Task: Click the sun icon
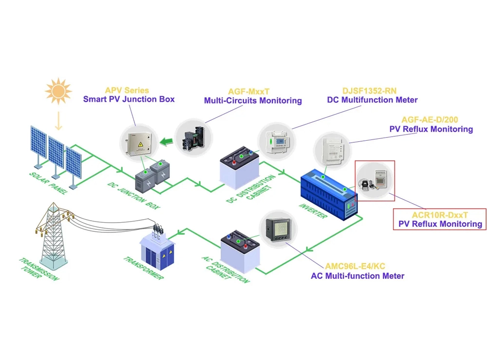click(58, 91)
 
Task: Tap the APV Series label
click(127, 91)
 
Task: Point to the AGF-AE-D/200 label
click(430, 120)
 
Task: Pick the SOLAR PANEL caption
click(49, 182)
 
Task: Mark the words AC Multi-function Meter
click(357, 276)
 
